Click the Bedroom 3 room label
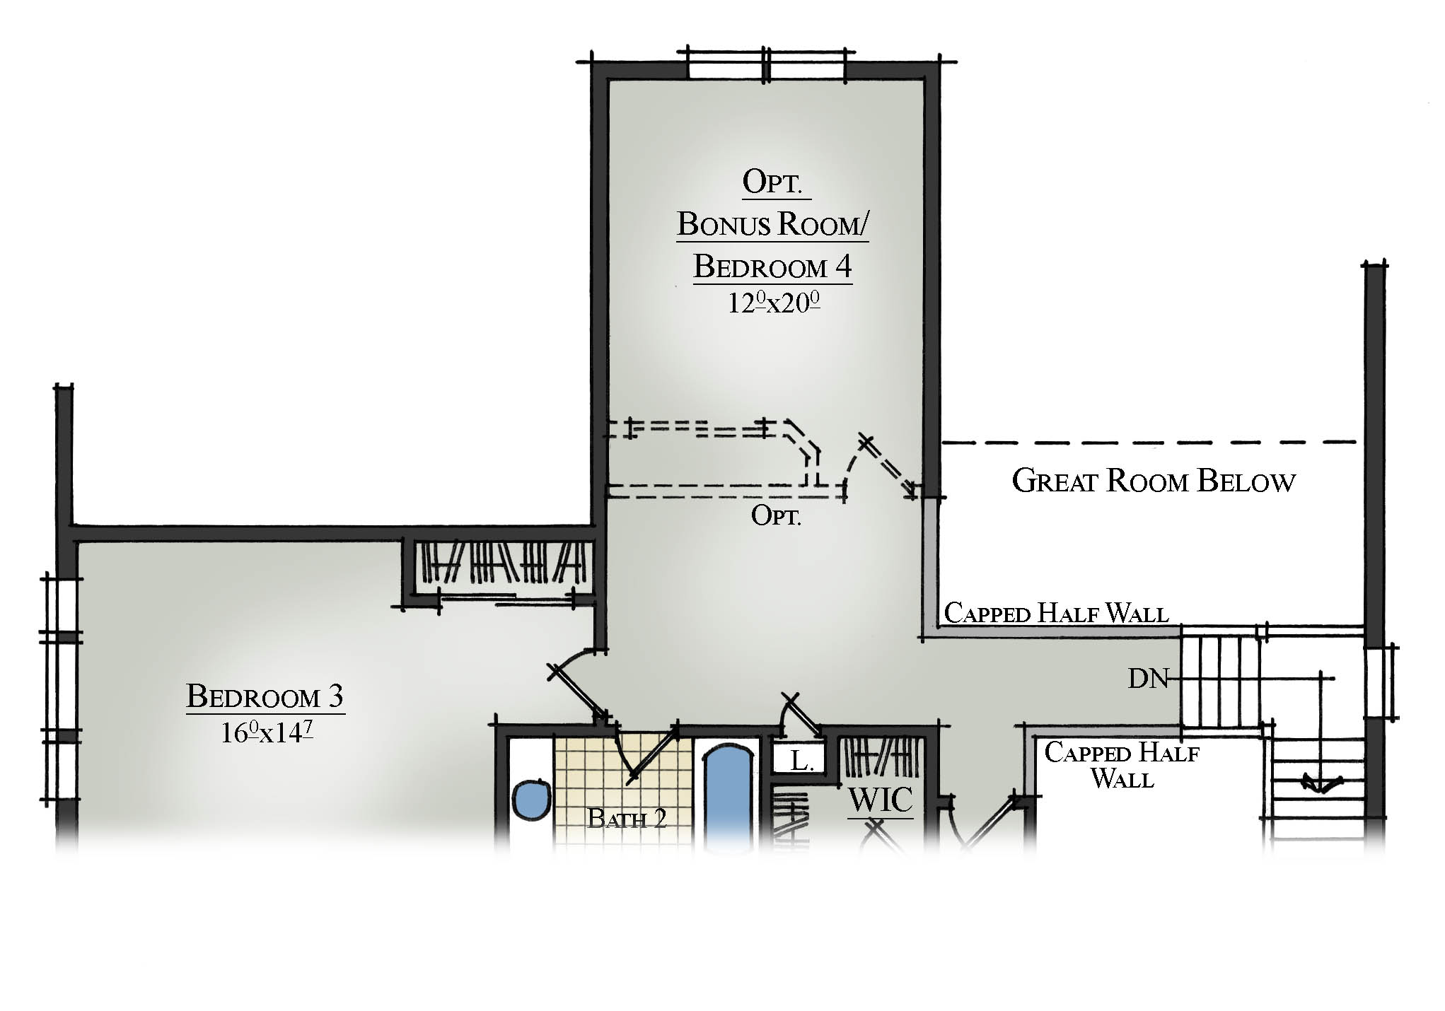click(265, 696)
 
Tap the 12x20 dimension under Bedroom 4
click(774, 303)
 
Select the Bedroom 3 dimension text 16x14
click(266, 732)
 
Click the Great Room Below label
click(1153, 481)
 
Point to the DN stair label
click(1148, 679)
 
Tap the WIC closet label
click(881, 800)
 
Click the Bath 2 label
click(627, 819)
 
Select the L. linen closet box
click(799, 761)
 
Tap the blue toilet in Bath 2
click(531, 800)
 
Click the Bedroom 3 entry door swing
click(576, 682)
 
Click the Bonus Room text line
click(773, 224)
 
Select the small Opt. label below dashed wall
click(776, 515)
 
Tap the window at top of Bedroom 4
click(767, 66)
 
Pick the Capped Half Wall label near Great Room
click(1056, 613)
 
